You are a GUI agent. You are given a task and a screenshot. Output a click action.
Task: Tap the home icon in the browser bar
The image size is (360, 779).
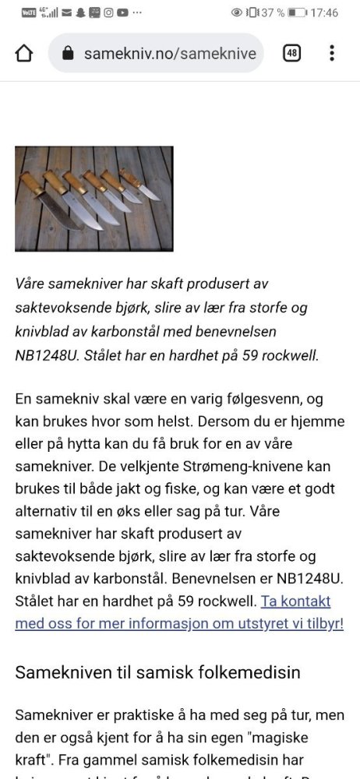tap(24, 53)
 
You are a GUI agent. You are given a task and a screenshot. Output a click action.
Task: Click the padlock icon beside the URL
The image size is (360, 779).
tap(68, 53)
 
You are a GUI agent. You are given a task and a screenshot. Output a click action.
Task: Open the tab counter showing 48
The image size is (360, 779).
tap(291, 53)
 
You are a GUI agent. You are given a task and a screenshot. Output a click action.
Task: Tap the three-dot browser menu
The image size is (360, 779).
tap(332, 53)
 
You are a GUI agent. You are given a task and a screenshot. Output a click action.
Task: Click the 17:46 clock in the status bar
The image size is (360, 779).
tap(324, 12)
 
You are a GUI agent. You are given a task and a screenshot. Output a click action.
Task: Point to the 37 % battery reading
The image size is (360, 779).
tap(272, 12)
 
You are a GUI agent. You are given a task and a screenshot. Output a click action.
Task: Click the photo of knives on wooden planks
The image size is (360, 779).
tap(94, 199)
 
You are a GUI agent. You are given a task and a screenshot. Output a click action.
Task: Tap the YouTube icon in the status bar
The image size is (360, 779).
tap(122, 12)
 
